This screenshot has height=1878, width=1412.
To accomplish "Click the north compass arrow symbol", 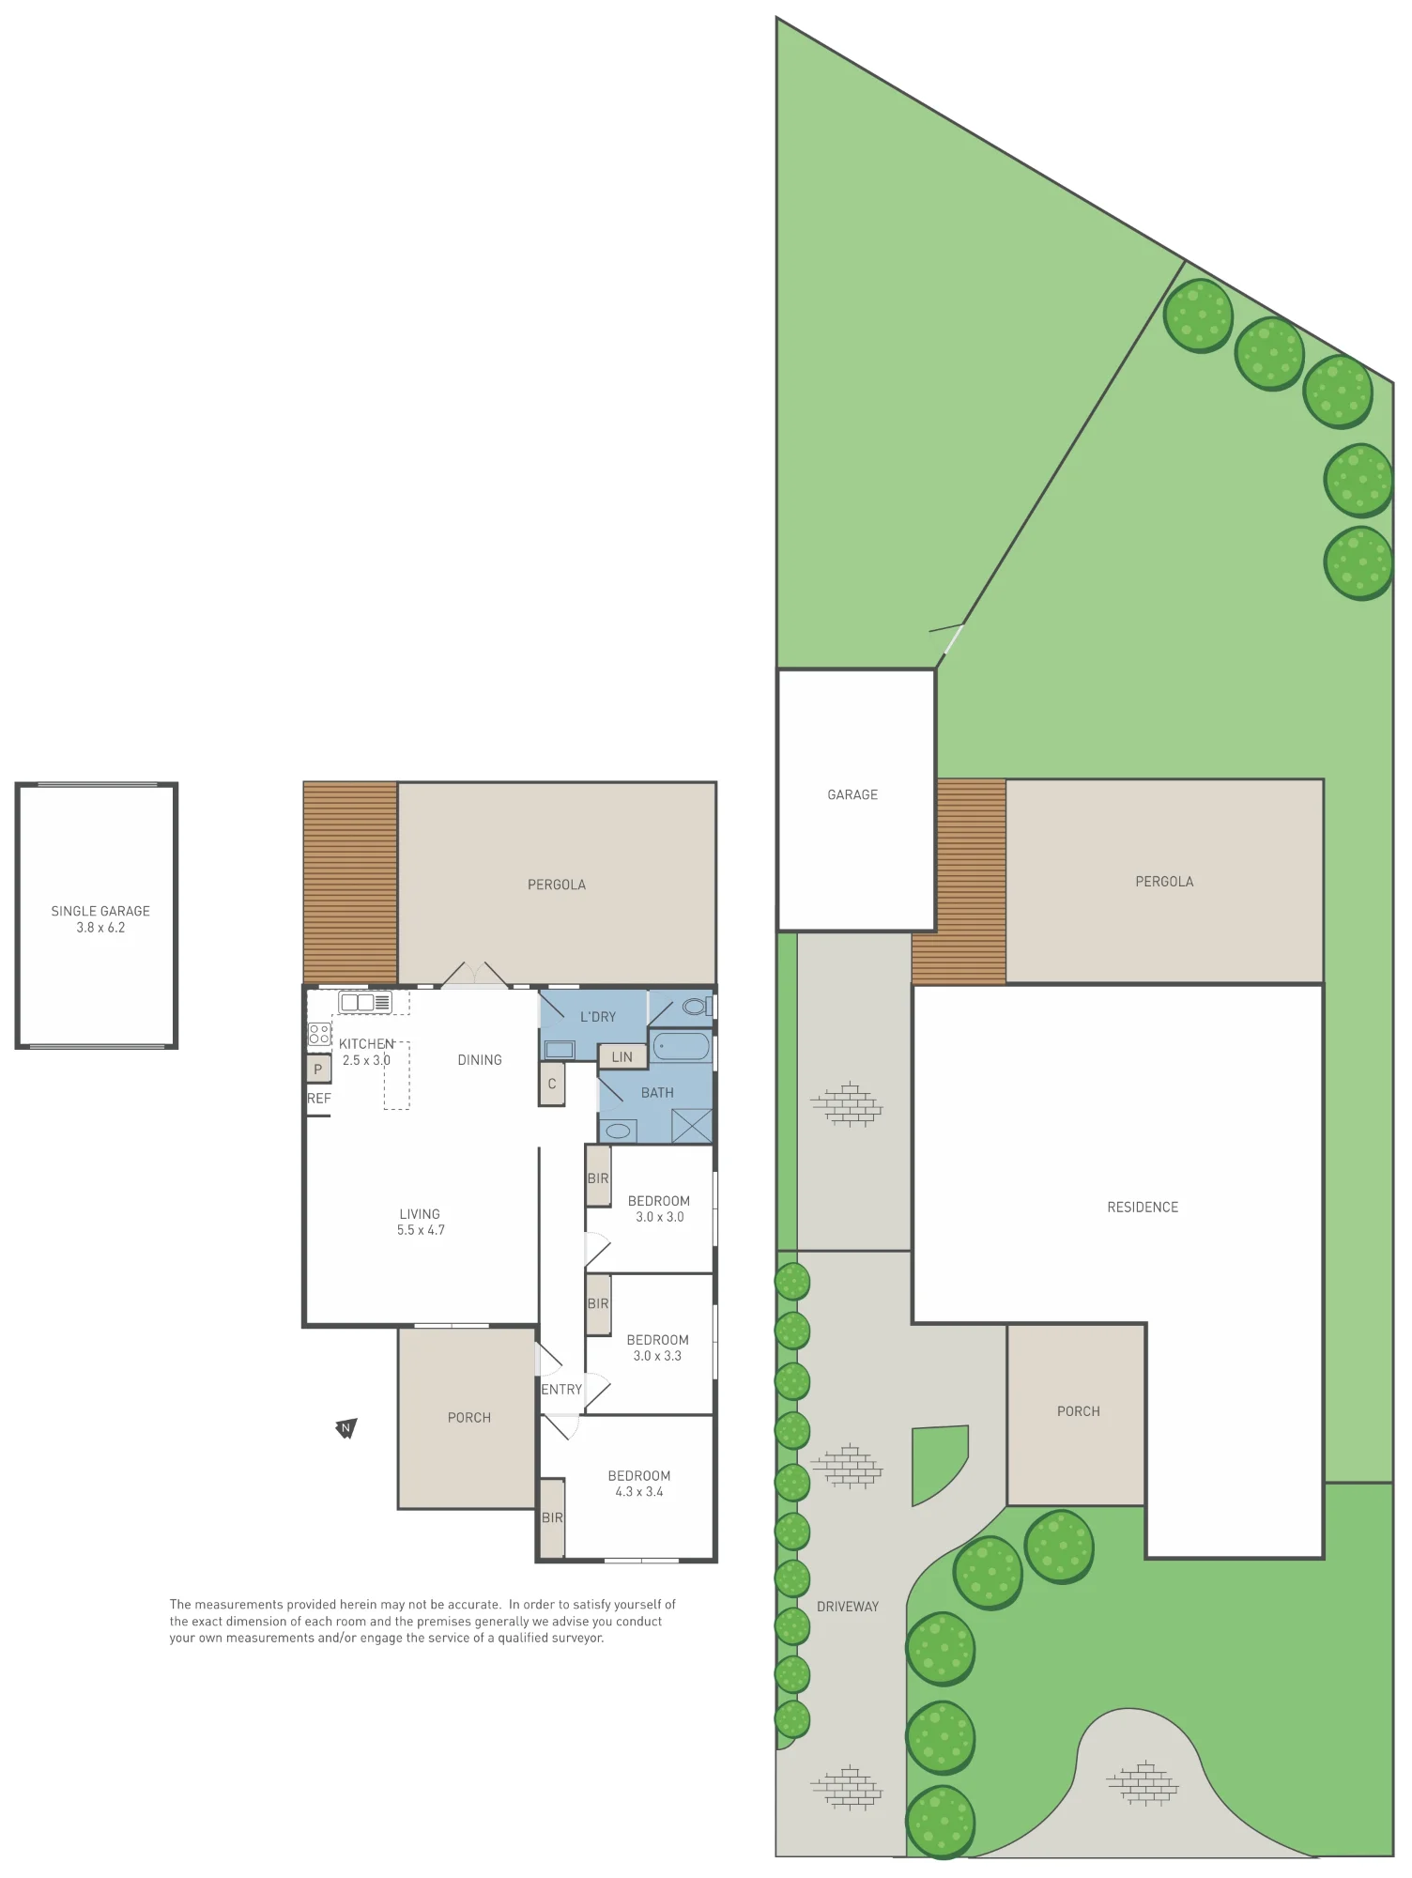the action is pos(346,1428).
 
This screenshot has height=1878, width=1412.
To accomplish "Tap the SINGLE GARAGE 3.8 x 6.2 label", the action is pos(100,919).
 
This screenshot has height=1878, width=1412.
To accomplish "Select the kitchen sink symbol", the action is pos(365,1002).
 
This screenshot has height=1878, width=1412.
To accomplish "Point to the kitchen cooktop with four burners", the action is pos(319,1034).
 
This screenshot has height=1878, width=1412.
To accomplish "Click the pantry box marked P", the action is pos(318,1069).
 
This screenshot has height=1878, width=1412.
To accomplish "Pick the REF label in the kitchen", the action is pos(319,1098).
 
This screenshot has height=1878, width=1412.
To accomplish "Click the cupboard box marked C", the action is pos(552,1084).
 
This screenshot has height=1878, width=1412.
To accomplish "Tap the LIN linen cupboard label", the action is pos(622,1056).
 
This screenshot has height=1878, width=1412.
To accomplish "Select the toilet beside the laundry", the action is pos(697,1007).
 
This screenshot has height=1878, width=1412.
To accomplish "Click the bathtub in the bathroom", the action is pos(682,1046).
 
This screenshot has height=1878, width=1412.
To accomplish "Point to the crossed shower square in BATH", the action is pos(692,1126).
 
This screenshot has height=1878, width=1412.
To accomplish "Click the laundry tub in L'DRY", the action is pos(560,1050).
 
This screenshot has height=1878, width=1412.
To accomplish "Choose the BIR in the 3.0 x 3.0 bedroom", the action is pos(598,1178).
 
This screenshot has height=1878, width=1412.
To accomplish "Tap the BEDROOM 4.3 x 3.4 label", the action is pos(639,1484).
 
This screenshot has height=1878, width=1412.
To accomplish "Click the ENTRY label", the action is pos(561,1390).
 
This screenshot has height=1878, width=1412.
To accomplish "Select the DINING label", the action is pos(480,1060).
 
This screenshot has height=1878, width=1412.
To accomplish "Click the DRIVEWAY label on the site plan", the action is pos(848,1607).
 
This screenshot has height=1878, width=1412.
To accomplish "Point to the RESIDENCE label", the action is pos(1143,1208).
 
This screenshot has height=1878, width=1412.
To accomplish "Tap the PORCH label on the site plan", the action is pos(1079,1411).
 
